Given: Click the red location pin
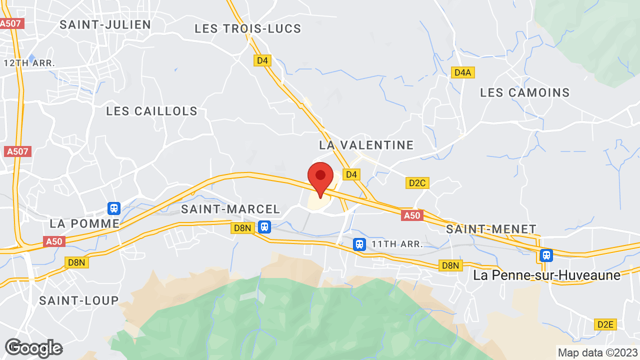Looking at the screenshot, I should (x=320, y=178).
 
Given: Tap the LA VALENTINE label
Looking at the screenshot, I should (x=366, y=145).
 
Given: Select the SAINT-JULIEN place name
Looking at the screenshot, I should (x=105, y=24).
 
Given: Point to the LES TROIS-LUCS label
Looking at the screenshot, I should (x=248, y=28).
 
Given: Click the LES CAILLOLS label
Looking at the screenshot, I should (x=152, y=111).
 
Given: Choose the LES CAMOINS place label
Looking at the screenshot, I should (x=525, y=92).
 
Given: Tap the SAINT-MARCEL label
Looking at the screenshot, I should (x=230, y=209).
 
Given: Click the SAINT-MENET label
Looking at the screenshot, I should (x=491, y=229).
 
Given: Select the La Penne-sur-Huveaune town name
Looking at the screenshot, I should (x=547, y=275).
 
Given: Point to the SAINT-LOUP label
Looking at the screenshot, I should (x=79, y=300).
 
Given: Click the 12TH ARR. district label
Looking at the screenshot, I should (x=29, y=63).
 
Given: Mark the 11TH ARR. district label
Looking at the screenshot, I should (x=397, y=244).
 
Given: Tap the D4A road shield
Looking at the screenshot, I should (x=463, y=72).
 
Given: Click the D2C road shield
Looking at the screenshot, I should (x=417, y=183).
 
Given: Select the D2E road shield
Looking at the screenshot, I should (x=605, y=324).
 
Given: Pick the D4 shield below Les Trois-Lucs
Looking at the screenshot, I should (x=262, y=60).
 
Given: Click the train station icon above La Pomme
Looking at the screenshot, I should (x=114, y=208).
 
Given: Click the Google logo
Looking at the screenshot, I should (x=33, y=348).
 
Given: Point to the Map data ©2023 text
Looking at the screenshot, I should (x=598, y=352).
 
